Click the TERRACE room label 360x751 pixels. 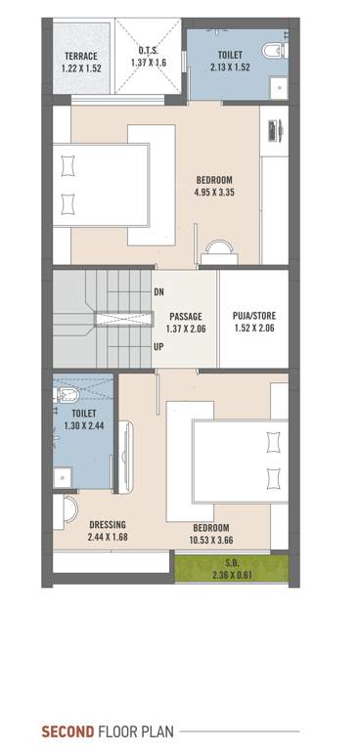click(x=80, y=56)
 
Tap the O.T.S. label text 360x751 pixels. click(x=150, y=50)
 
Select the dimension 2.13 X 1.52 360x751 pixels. click(x=232, y=67)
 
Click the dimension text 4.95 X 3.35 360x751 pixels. click(x=214, y=192)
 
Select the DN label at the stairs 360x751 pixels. click(x=159, y=292)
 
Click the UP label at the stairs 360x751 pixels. click(x=159, y=346)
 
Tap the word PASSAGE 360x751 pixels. click(x=185, y=317)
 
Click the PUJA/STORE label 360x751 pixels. click(x=252, y=317)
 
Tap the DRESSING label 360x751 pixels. click(x=108, y=523)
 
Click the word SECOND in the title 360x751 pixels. click(x=67, y=730)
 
